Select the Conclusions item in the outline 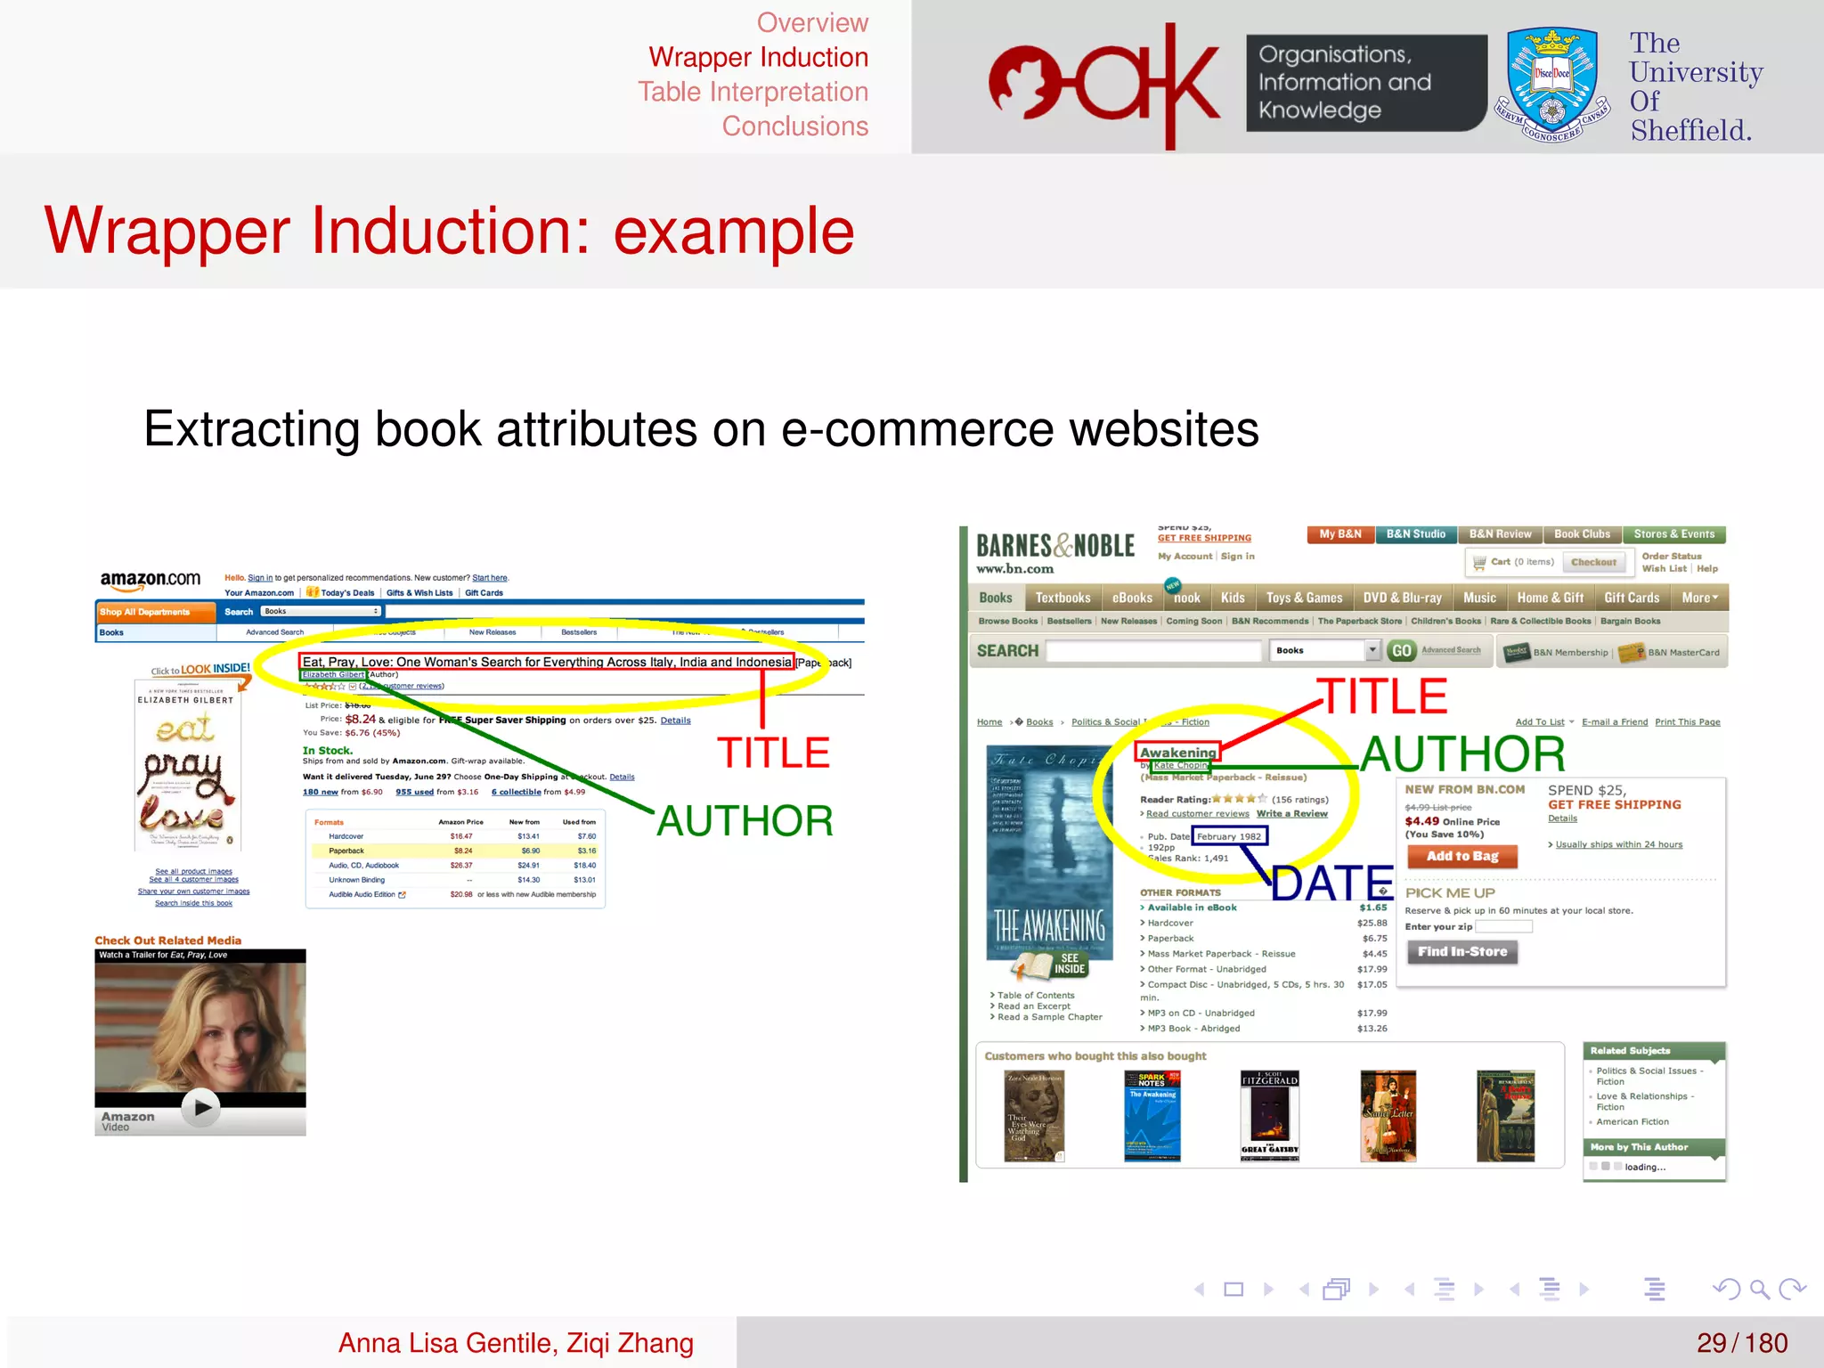[x=794, y=126]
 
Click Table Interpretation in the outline [x=753, y=92]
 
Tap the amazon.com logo [x=151, y=579]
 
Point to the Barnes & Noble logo [x=1055, y=546]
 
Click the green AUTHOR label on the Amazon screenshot [x=745, y=820]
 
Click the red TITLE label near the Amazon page [x=773, y=753]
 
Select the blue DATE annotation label [x=1331, y=883]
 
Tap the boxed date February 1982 [x=1229, y=836]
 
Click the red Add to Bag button [x=1462, y=856]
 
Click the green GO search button [x=1401, y=651]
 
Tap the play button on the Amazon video [x=201, y=1107]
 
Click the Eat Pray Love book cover [x=188, y=764]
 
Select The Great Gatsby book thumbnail [x=1269, y=1116]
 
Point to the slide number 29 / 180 [x=1741, y=1342]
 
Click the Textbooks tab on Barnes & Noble [x=1063, y=598]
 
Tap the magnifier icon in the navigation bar [x=1758, y=1289]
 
